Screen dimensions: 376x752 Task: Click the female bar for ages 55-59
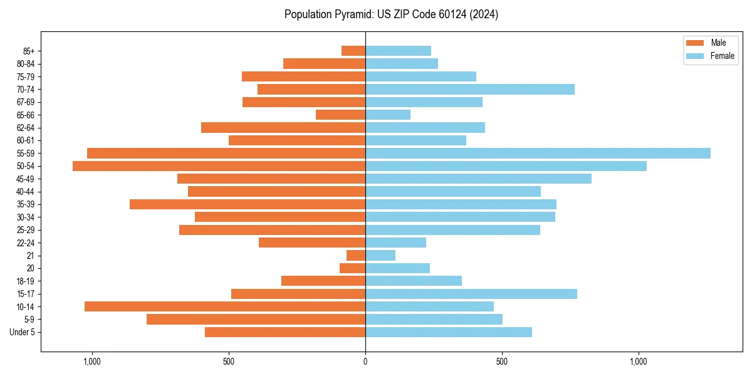pos(538,153)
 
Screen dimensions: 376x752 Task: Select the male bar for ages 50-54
pos(219,166)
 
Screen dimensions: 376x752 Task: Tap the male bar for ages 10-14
pos(225,306)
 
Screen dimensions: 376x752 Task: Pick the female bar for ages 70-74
pos(470,89)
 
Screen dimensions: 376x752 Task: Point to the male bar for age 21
pos(356,255)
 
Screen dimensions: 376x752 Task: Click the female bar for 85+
pos(398,51)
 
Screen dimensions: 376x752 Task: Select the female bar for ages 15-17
pos(471,293)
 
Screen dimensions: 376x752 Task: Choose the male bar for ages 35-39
pos(248,204)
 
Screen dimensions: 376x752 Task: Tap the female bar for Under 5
pos(449,332)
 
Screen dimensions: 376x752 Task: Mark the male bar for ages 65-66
pos(340,115)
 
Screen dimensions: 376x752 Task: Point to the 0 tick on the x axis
pos(365,362)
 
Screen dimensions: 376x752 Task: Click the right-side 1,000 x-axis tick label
pos(639,362)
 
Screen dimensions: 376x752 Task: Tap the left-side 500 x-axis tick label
pos(229,362)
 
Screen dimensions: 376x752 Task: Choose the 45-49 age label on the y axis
pos(26,179)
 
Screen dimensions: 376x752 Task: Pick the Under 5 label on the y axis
pos(23,332)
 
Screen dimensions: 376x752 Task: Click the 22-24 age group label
pos(26,243)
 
